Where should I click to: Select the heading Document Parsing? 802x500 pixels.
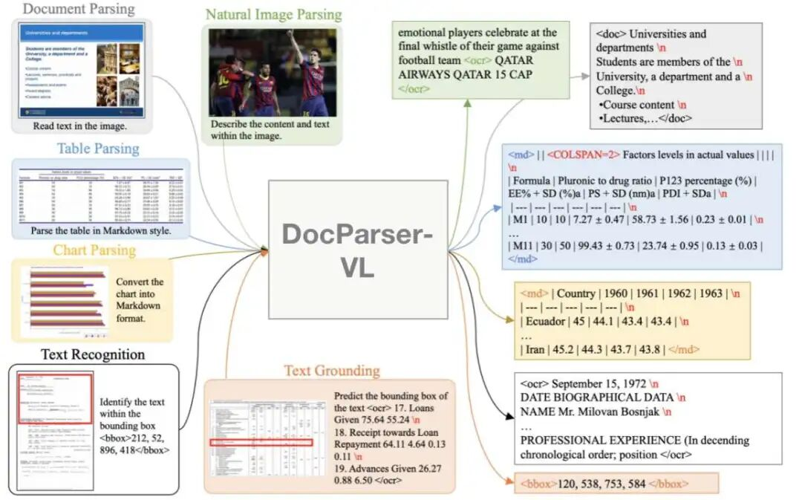[x=78, y=9]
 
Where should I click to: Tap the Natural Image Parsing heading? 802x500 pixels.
[x=273, y=15]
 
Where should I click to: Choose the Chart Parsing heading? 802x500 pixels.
[x=94, y=250]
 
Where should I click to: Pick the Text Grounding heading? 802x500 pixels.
[x=331, y=371]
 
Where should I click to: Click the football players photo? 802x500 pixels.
[x=272, y=72]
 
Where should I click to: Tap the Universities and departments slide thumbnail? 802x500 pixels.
[x=81, y=71]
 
